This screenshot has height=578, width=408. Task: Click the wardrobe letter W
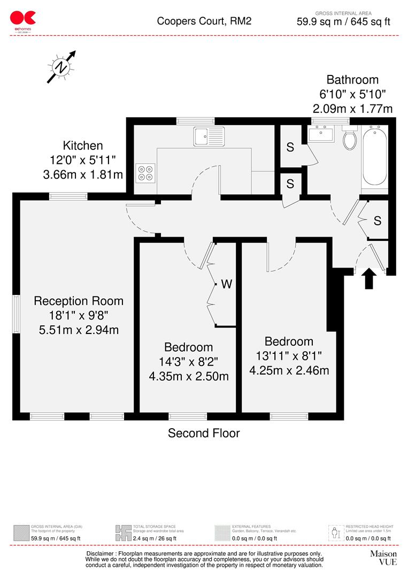[x=227, y=284]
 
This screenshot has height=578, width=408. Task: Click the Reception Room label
[x=79, y=301]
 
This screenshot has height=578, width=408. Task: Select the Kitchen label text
[x=83, y=145]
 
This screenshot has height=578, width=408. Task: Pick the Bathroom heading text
[x=352, y=80]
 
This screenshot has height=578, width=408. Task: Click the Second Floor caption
[x=204, y=433]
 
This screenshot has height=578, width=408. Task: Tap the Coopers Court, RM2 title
[x=204, y=21]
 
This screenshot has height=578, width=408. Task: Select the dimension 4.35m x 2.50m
[x=189, y=376]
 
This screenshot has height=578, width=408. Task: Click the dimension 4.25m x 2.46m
[x=289, y=370]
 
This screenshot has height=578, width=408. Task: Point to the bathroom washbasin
[x=321, y=133]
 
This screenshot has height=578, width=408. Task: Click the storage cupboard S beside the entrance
[x=378, y=220]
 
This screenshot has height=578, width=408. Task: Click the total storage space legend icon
[x=123, y=533]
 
